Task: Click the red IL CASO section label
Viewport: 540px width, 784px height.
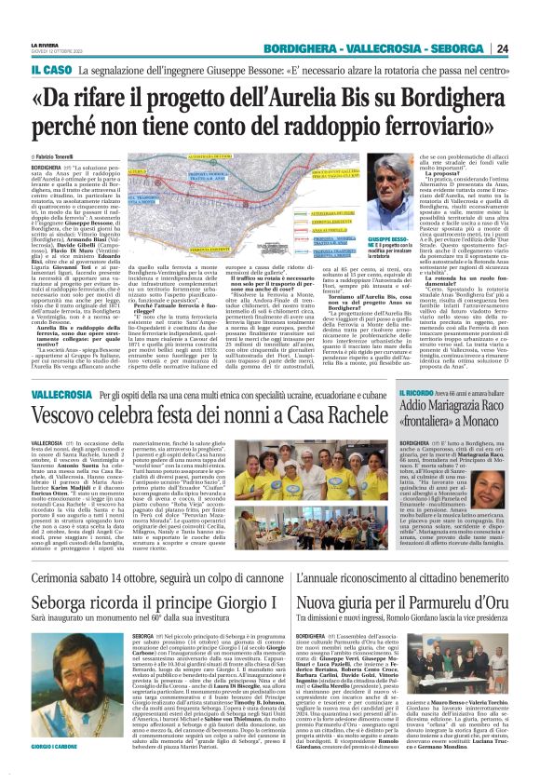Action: point(48,69)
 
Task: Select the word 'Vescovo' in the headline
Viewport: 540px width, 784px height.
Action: point(72,419)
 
